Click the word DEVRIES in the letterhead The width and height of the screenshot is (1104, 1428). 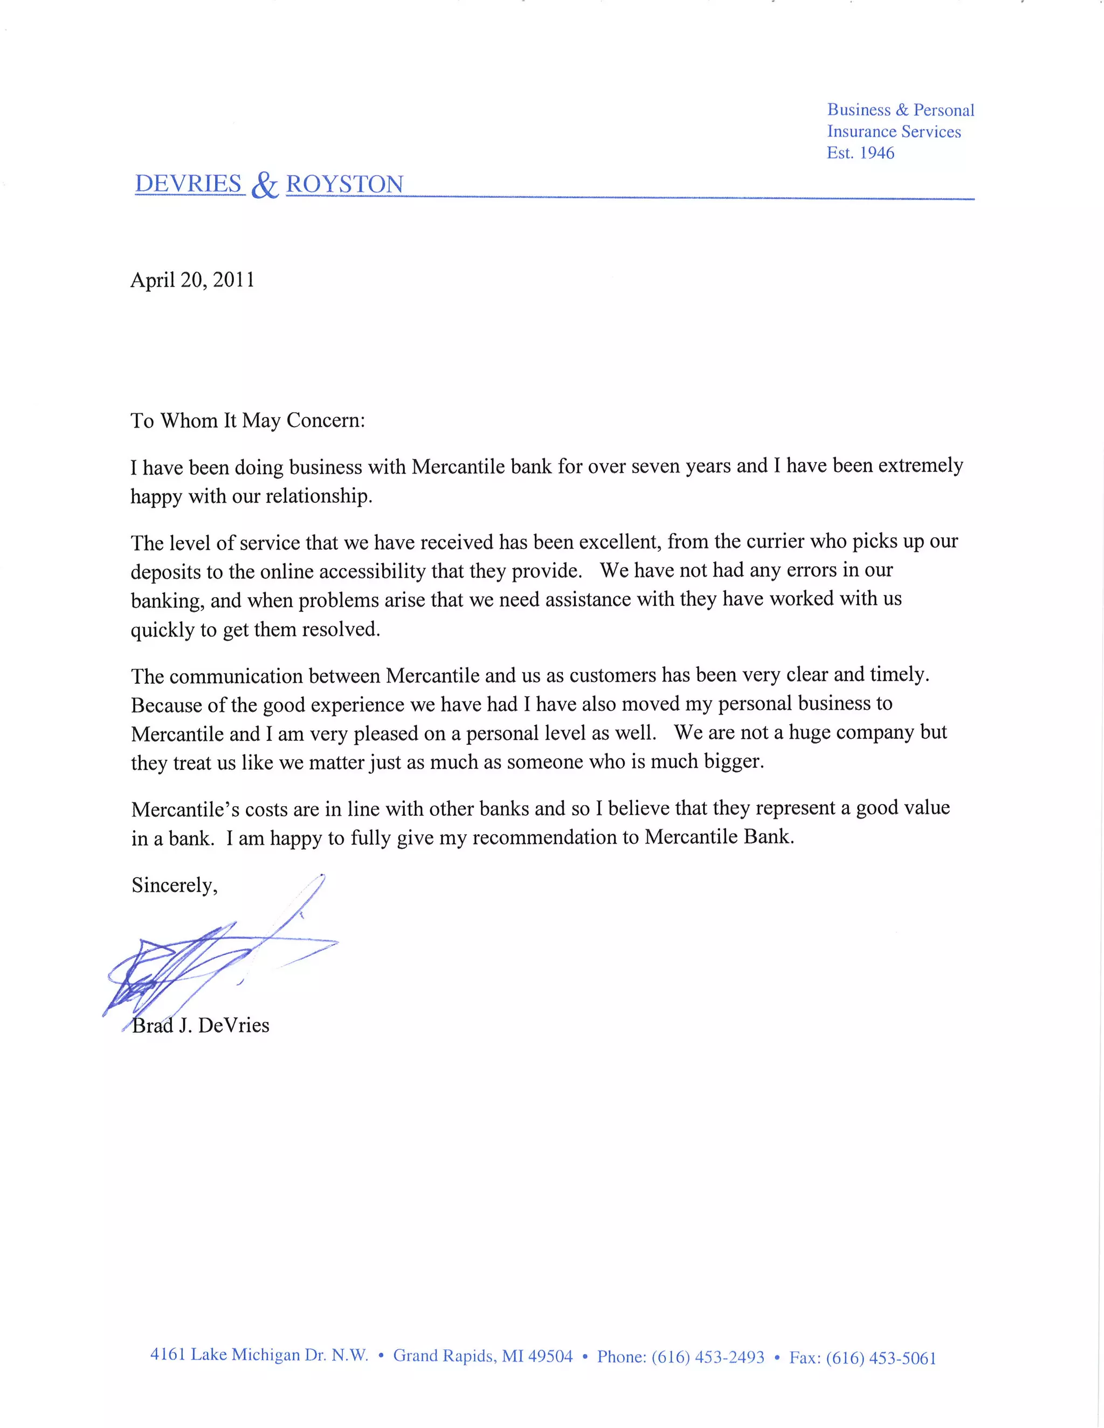pos(188,184)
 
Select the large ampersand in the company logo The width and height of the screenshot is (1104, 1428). pos(265,186)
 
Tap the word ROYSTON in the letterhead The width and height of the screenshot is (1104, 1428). pos(344,184)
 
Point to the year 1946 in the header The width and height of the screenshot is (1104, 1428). pos(877,153)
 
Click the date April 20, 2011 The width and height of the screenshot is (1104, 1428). pos(192,280)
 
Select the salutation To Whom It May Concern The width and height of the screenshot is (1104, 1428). pos(248,420)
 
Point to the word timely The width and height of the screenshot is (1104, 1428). pos(899,674)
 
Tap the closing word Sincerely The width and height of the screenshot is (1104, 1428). pos(174,885)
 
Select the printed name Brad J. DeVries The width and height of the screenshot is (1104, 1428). pos(201,1025)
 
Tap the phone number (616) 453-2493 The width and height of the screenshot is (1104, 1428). pos(708,1357)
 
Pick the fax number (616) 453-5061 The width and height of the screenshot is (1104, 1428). pos(881,1358)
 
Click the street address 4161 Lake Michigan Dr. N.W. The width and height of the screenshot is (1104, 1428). pos(260,1355)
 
